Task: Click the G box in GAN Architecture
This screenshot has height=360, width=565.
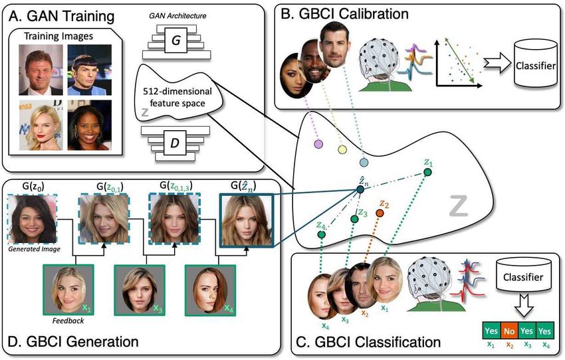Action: [x=176, y=40]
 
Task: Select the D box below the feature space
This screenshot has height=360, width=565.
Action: [x=175, y=143]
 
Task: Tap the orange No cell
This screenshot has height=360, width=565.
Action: [x=509, y=331]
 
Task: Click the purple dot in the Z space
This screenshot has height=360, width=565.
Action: [x=318, y=144]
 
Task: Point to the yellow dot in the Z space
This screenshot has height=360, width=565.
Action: [x=342, y=149]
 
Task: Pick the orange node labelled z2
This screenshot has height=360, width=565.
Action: [x=380, y=213]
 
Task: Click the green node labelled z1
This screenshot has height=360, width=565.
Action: [x=427, y=172]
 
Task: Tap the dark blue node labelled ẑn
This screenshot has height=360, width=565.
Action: [x=360, y=189]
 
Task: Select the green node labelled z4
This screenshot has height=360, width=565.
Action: [x=322, y=234]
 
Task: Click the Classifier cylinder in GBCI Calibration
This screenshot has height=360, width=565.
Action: [x=536, y=63]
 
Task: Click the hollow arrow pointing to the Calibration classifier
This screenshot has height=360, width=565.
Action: [x=497, y=63]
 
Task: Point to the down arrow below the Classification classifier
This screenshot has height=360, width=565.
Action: [x=524, y=306]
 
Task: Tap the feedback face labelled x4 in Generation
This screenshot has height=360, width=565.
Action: [x=211, y=290]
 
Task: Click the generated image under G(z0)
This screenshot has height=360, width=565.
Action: [x=33, y=219]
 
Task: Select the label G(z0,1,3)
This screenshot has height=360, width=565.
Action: [x=176, y=186]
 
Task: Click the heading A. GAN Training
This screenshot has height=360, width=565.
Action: [x=61, y=16]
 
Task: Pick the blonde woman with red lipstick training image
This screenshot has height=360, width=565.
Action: [x=41, y=125]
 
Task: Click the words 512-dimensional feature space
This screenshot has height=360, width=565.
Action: [x=177, y=97]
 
